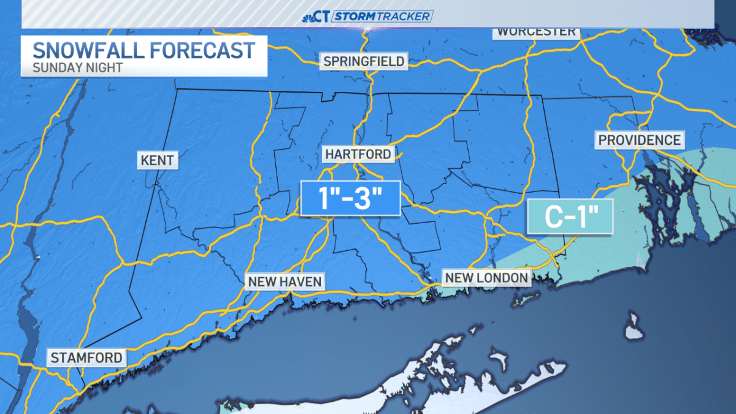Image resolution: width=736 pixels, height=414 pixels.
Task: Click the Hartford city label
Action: pyautogui.click(x=358, y=154)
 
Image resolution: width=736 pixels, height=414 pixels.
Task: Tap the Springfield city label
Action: pyautogui.click(x=364, y=61)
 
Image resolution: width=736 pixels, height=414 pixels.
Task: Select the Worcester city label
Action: pyautogui.click(x=536, y=31)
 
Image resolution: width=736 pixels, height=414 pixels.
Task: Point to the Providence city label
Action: pyautogui.click(x=640, y=140)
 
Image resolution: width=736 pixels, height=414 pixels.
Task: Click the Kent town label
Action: pyautogui.click(x=157, y=161)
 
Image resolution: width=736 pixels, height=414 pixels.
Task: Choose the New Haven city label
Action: pyautogui.click(x=285, y=282)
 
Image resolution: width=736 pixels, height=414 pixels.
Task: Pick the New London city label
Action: pyautogui.click(x=486, y=278)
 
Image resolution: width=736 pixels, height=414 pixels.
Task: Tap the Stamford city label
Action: pyautogui.click(x=86, y=358)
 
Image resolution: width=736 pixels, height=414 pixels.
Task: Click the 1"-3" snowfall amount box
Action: pyautogui.click(x=350, y=198)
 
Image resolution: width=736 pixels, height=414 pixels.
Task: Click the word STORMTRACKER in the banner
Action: pyautogui.click(x=383, y=17)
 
